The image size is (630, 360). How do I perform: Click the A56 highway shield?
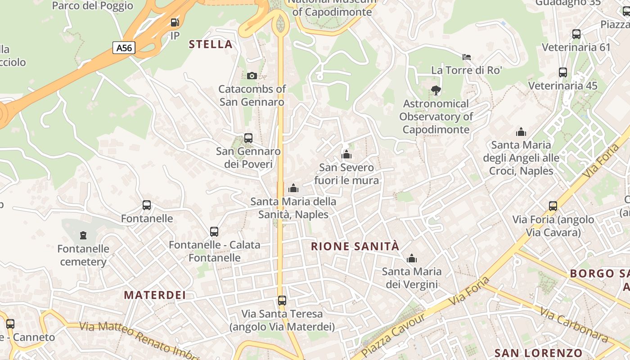coord(124,48)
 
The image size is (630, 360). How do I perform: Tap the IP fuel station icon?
coord(175,22)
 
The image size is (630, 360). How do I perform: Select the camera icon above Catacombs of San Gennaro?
coord(252,76)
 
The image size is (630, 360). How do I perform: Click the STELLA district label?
coord(211,44)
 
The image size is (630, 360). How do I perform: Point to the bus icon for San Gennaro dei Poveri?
coord(248,138)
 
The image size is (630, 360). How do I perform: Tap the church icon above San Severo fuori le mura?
coord(346,155)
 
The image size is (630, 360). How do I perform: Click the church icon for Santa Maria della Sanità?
coord(293,188)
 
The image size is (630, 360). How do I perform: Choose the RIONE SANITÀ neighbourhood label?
coord(355,246)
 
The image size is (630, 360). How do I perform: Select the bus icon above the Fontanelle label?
coord(147,205)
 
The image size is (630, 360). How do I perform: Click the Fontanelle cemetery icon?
coord(83,235)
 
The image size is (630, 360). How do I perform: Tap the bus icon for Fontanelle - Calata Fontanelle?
coord(214,232)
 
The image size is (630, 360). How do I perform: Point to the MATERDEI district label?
coord(155,295)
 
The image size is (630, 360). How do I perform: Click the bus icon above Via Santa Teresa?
coord(282,301)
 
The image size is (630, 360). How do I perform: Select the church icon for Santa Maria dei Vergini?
coord(411,259)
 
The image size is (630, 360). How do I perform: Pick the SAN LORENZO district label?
coord(538,353)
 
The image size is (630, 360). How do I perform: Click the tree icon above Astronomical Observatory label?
coord(436,90)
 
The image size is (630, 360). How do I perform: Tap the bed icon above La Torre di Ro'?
coord(467,57)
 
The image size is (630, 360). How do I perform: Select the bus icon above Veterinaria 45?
coord(562,72)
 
